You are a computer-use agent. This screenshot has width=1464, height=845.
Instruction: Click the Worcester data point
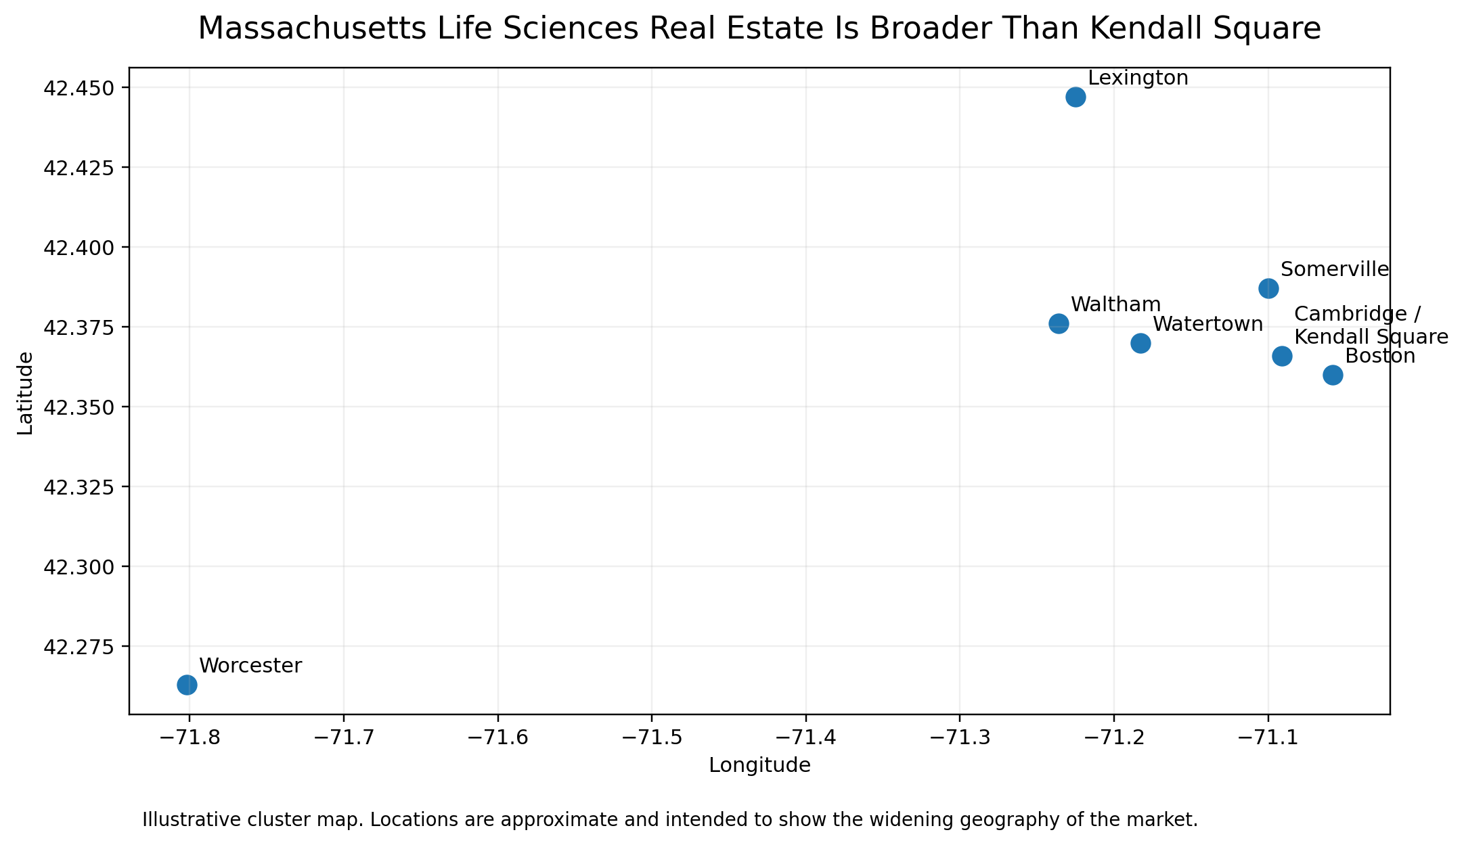click(x=187, y=685)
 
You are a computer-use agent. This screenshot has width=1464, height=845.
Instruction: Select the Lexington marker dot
click(x=1075, y=97)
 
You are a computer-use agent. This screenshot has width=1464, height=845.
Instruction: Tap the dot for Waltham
click(x=1059, y=324)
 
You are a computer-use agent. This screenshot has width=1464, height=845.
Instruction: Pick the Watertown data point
click(x=1140, y=344)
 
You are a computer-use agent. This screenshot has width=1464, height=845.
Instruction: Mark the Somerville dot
click(x=1268, y=289)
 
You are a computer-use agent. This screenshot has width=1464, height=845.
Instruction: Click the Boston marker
click(x=1333, y=375)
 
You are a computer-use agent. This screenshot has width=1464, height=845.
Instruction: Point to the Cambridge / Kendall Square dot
click(x=1282, y=356)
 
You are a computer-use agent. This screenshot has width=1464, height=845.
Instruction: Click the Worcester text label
click(x=250, y=666)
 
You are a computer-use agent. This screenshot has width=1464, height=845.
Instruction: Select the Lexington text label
click(x=1138, y=78)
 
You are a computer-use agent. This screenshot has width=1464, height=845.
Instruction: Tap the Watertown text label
click(x=1208, y=324)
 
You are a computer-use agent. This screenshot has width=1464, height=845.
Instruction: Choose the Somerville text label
click(x=1335, y=269)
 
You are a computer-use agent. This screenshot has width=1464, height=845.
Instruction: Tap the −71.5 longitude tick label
click(x=652, y=737)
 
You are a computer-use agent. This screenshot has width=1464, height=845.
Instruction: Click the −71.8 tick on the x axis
click(x=190, y=737)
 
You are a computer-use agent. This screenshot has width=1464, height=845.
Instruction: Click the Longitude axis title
click(x=759, y=766)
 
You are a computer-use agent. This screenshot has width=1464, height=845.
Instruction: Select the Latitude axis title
click(x=26, y=393)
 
